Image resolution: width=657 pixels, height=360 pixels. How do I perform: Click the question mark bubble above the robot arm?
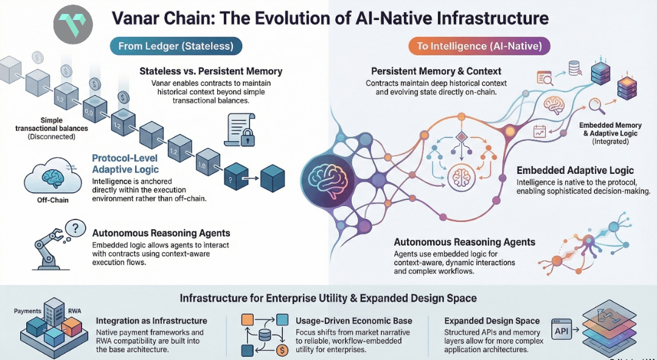(x=74, y=229)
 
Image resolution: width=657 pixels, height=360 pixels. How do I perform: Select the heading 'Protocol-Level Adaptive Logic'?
(x=125, y=164)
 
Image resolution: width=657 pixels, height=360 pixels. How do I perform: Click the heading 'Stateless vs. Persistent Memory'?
(x=210, y=71)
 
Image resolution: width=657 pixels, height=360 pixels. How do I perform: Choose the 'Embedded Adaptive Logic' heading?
(x=575, y=171)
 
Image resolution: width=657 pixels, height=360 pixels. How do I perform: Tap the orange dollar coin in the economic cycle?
(x=282, y=350)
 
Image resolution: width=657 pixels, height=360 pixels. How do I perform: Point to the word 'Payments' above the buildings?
(x=27, y=311)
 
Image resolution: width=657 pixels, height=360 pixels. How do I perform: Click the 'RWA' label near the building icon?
(x=75, y=311)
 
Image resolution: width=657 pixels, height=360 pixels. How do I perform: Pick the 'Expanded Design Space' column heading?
(x=492, y=320)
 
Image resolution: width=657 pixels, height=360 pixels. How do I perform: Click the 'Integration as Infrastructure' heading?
(x=151, y=320)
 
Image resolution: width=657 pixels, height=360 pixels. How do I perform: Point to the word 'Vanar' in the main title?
(x=135, y=18)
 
